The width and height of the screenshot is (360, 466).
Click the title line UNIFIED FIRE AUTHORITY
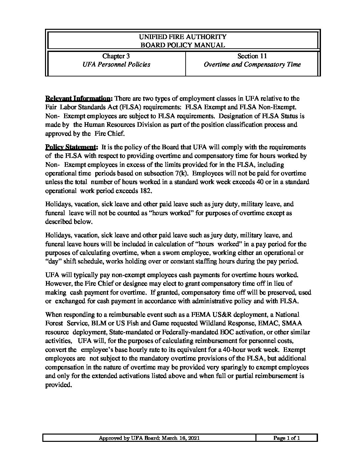point(183,37)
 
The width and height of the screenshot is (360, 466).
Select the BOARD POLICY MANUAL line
point(183,45)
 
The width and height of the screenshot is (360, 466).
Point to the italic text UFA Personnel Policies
point(116,65)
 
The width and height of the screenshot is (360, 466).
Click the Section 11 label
point(252,56)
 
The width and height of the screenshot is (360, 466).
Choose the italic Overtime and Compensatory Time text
point(252,65)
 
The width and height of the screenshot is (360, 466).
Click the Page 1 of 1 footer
point(287,438)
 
